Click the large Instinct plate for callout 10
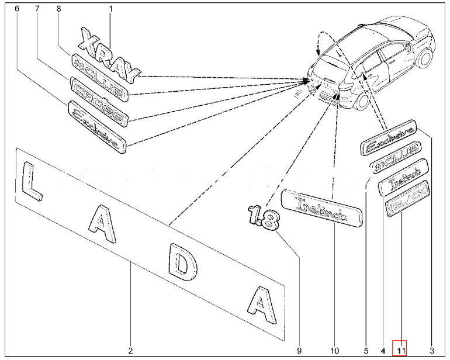(x=322, y=210)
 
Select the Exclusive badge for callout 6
(x=97, y=127)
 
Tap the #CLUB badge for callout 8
(x=98, y=77)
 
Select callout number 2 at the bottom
(x=130, y=351)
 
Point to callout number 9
(x=299, y=351)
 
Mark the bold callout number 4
(x=383, y=351)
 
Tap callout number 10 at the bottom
(x=334, y=351)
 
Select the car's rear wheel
(x=361, y=99)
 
